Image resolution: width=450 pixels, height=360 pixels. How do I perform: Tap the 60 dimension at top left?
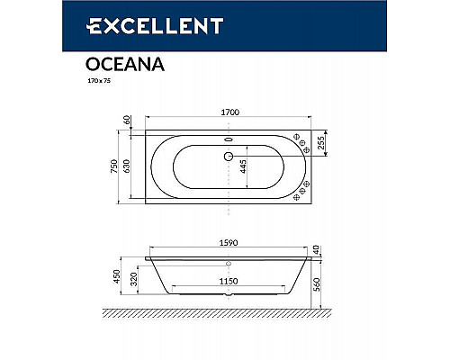128,120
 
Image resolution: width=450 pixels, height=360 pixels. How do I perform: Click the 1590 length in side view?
227,240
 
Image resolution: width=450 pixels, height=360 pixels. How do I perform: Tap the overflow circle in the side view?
228,265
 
